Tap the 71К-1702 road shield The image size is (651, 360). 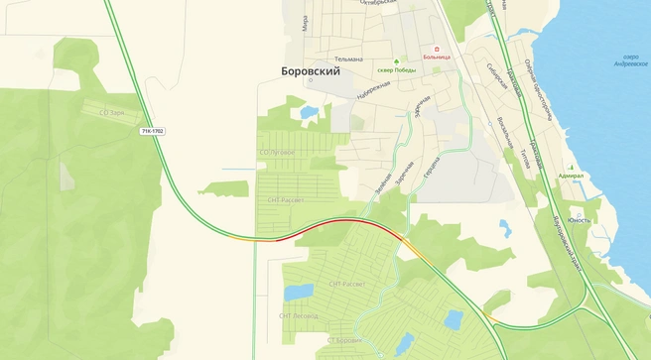(153, 130)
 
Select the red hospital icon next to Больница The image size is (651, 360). (434, 48)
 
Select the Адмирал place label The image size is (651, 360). (572, 176)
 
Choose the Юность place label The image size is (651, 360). (579, 220)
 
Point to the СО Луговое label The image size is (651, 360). (277, 153)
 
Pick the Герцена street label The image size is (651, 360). (432, 169)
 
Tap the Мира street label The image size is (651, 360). (305, 24)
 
